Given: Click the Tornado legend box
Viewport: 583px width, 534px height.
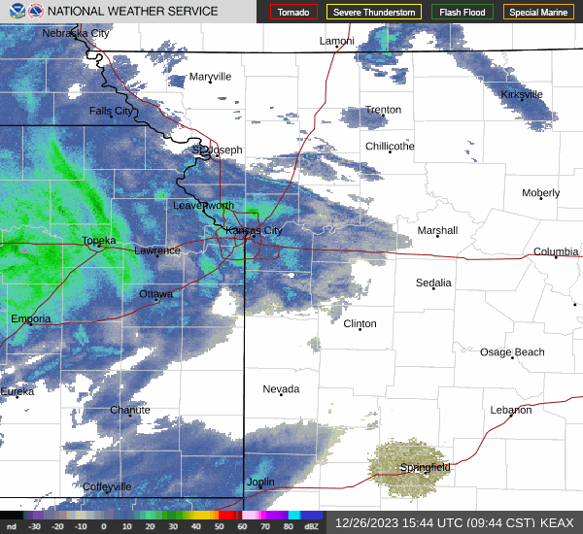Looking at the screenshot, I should pyautogui.click(x=293, y=13).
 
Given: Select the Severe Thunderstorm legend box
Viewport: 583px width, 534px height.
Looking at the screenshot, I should pyautogui.click(x=373, y=13).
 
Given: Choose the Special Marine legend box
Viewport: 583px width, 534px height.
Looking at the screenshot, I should pyautogui.click(x=539, y=13).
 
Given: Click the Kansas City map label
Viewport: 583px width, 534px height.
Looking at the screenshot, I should pyautogui.click(x=254, y=230).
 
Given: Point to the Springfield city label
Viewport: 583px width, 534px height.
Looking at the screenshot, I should pyautogui.click(x=425, y=467).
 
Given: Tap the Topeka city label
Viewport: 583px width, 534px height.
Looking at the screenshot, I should pyautogui.click(x=99, y=240).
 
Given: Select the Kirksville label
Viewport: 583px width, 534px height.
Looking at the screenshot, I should pyautogui.click(x=522, y=94).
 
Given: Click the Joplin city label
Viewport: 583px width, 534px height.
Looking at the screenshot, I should pyautogui.click(x=260, y=482).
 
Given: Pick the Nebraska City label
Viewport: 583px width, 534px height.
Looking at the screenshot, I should pyautogui.click(x=76, y=33).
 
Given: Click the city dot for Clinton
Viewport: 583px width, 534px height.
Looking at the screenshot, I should pyautogui.click(x=360, y=330).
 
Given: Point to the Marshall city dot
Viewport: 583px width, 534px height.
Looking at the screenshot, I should pyautogui.click(x=437, y=236).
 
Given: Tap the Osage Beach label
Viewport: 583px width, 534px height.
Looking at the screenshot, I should pyautogui.click(x=512, y=351).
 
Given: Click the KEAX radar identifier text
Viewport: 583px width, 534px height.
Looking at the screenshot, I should pyautogui.click(x=557, y=522).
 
